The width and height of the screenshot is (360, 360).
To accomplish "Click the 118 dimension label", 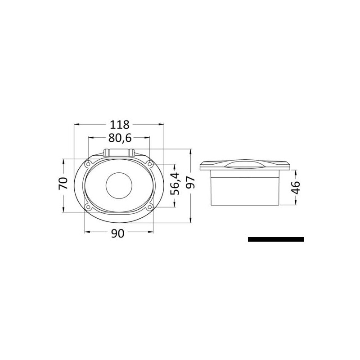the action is point(119,125).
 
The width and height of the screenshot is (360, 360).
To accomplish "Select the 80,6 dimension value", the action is point(120,138).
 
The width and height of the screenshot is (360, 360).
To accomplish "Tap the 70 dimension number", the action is point(63,183).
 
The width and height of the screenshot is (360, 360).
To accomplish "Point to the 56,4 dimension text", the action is point(175,184).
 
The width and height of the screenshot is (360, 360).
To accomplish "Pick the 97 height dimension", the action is point(190,183).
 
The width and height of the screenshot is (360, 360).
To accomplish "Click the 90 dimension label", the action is point(117,233).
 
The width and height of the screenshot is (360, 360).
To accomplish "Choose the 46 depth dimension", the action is point(296,187).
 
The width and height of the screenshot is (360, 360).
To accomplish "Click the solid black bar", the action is point(276,239).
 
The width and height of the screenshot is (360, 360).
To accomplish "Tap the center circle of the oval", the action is point(119,185).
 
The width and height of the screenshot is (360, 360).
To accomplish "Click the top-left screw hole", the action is point(88,164).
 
